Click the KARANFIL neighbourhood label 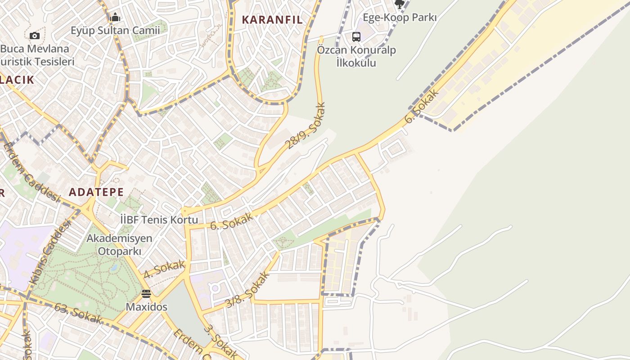[272, 20]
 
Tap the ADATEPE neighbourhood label [96, 192]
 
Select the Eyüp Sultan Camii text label [115, 31]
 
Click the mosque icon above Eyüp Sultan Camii [115, 18]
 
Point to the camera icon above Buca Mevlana [35, 36]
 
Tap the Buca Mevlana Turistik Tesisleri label [36, 55]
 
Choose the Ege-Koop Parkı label [400, 18]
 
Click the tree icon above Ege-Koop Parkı [399, 4]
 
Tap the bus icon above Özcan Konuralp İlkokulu [356, 36]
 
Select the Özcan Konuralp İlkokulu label [356, 56]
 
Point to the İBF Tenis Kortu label [159, 220]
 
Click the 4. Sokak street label [164, 269]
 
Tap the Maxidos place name [146, 307]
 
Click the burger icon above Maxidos [146, 294]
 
